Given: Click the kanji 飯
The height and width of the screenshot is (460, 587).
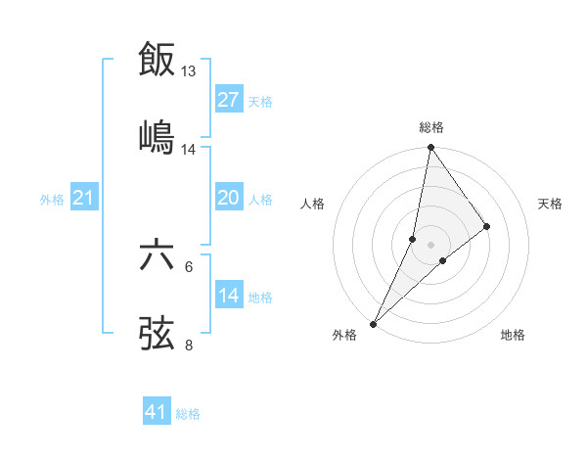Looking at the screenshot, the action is [x=158, y=59].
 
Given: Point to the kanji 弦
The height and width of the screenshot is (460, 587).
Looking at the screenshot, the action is [x=158, y=332].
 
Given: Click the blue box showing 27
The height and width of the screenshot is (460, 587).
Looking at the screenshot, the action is [x=229, y=100].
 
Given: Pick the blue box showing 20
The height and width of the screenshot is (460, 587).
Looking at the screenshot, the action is [x=229, y=199].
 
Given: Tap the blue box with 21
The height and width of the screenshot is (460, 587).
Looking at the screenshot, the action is [x=83, y=199].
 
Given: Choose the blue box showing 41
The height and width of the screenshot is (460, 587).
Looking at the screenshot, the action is [x=157, y=413].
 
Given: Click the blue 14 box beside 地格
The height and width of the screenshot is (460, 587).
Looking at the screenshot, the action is [x=229, y=296].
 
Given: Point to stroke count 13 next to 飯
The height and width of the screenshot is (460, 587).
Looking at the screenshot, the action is [x=189, y=71].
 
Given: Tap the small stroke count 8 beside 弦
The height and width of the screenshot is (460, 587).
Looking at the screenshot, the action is [x=189, y=344].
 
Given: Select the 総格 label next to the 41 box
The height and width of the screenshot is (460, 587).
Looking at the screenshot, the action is [x=188, y=414].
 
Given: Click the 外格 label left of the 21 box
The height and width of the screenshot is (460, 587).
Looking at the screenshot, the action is [x=52, y=200].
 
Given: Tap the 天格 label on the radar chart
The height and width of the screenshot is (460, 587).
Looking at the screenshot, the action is [x=550, y=204].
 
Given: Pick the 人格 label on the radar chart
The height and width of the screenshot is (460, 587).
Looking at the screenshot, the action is [x=312, y=204].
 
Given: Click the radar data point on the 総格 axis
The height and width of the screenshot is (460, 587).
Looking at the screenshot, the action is [x=430, y=148].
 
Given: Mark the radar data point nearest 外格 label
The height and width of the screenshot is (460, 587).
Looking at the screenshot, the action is [x=374, y=323].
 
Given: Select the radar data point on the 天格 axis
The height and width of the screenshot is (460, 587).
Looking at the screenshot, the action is [x=487, y=226].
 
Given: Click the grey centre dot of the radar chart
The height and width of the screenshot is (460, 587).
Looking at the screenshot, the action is [x=430, y=245].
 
